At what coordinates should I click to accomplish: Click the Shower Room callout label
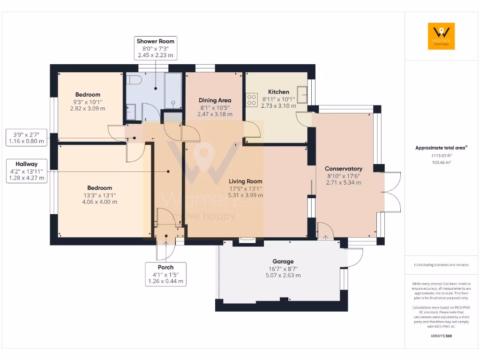pyautogui.click(x=155, y=48)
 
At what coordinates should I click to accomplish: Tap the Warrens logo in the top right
pyautogui.click(x=441, y=36)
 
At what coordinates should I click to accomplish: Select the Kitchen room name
pyautogui.click(x=278, y=92)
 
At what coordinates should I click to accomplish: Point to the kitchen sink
pyautogui.click(x=302, y=94)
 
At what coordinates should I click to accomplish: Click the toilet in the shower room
pyautogui.click(x=134, y=80)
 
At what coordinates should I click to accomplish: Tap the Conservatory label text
pyautogui.click(x=343, y=169)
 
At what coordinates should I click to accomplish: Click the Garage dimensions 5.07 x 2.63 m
pyautogui.click(x=283, y=276)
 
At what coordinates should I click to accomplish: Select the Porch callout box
pyautogui.click(x=165, y=274)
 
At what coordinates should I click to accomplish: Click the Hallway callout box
pyautogui.click(x=26, y=171)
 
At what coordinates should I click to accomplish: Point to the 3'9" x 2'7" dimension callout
pyautogui.click(x=28, y=137)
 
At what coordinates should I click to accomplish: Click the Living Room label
pyautogui.click(x=245, y=181)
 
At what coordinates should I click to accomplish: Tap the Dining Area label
pyautogui.click(x=214, y=100)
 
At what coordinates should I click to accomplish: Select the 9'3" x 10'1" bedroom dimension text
pyautogui.click(x=88, y=102)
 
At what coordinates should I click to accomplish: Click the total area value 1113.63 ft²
pyautogui.click(x=441, y=156)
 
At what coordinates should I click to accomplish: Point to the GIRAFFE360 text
pyautogui.click(x=441, y=336)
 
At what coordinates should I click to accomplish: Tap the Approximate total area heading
pyautogui.click(x=441, y=148)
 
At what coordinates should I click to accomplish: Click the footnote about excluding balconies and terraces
pyautogui.click(x=441, y=265)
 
